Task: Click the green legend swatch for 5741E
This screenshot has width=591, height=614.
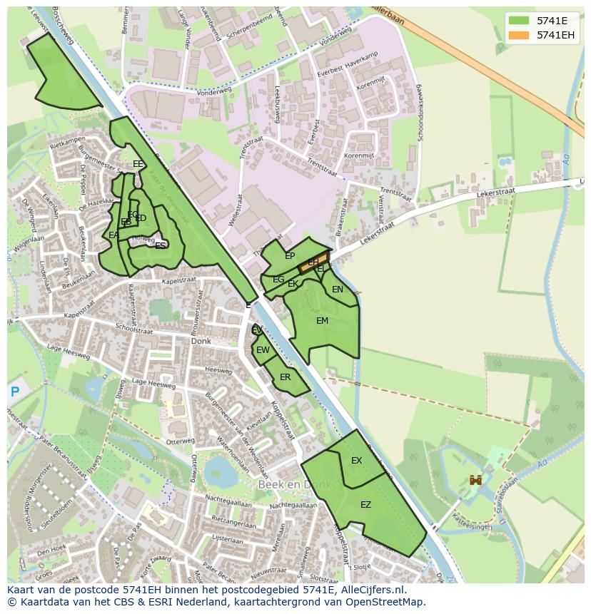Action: (x=519, y=21)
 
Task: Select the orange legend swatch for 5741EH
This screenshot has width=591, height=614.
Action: (x=519, y=35)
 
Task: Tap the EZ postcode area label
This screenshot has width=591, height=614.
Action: (x=365, y=505)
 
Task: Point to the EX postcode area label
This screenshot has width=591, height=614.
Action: (x=356, y=461)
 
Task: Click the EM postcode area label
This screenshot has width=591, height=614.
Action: (x=322, y=321)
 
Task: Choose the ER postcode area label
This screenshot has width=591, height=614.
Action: (x=286, y=377)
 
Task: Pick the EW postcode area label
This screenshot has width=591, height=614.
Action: (x=263, y=350)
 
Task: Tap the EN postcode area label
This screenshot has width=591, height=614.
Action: (x=338, y=290)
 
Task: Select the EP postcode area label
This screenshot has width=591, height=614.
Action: (x=290, y=256)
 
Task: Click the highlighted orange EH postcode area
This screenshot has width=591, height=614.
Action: (x=313, y=262)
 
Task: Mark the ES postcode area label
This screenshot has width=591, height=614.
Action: (x=161, y=245)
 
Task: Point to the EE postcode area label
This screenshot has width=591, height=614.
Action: (x=138, y=164)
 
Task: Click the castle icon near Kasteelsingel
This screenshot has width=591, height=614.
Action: (x=475, y=481)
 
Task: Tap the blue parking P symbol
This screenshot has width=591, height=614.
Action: (x=15, y=392)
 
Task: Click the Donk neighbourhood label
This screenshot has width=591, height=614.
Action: (x=201, y=342)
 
